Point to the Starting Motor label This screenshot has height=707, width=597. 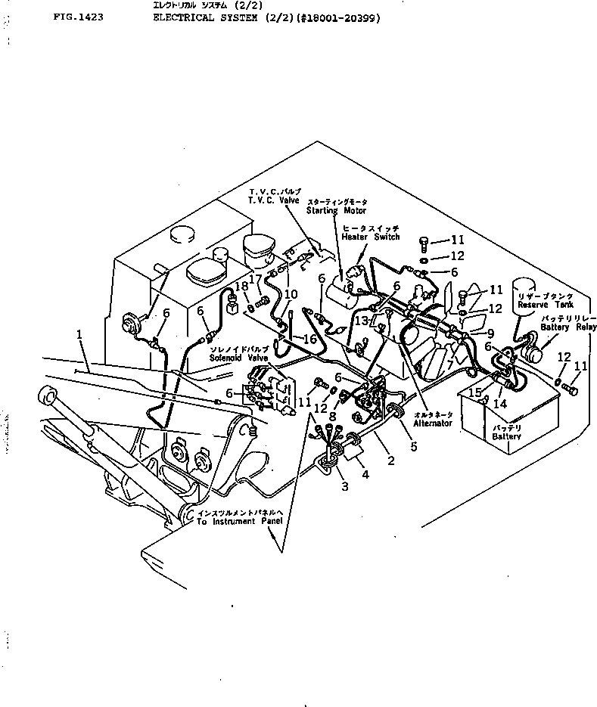coord(337,211)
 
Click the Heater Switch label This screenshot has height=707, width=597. coord(370,237)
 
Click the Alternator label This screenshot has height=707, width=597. coord(434,423)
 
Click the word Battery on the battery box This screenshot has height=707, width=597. coord(505,437)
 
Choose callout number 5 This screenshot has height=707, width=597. coord(414,446)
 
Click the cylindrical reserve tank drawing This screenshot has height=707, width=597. coord(530,299)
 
